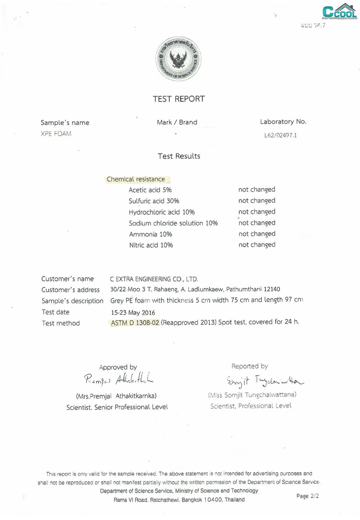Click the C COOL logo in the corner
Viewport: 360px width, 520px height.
[x=339, y=12]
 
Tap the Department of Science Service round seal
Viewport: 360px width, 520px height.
[x=178, y=59]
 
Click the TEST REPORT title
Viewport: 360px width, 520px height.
[x=179, y=99]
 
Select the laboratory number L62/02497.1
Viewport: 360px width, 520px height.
[x=280, y=135]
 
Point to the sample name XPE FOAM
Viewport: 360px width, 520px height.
[x=56, y=134]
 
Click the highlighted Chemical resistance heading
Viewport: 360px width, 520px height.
[x=136, y=179]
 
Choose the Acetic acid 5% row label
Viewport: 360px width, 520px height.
[x=150, y=190]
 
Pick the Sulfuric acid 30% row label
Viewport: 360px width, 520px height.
[x=154, y=201]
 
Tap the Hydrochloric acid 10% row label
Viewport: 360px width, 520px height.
[x=162, y=212]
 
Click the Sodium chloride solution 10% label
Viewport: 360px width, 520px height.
[x=173, y=223]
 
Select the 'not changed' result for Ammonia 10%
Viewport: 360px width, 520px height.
[x=257, y=234]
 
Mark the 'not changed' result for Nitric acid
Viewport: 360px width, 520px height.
[x=257, y=245]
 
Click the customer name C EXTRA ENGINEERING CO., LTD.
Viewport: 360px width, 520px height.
[x=154, y=279]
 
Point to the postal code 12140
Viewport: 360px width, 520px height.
[x=272, y=289]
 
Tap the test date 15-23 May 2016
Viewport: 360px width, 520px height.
[x=133, y=312]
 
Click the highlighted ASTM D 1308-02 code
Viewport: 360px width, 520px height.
[x=135, y=323]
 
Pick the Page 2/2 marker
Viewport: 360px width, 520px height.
[x=307, y=496]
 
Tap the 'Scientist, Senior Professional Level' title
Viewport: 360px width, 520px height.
[x=117, y=407]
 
